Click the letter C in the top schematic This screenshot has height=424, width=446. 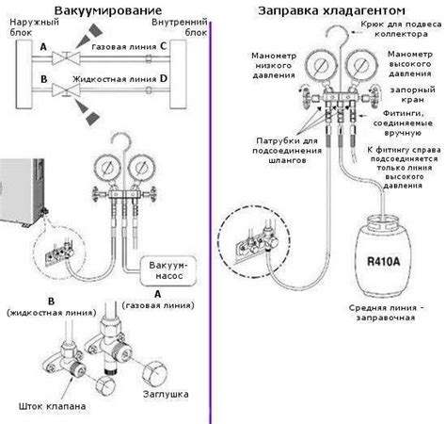[164, 44]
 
